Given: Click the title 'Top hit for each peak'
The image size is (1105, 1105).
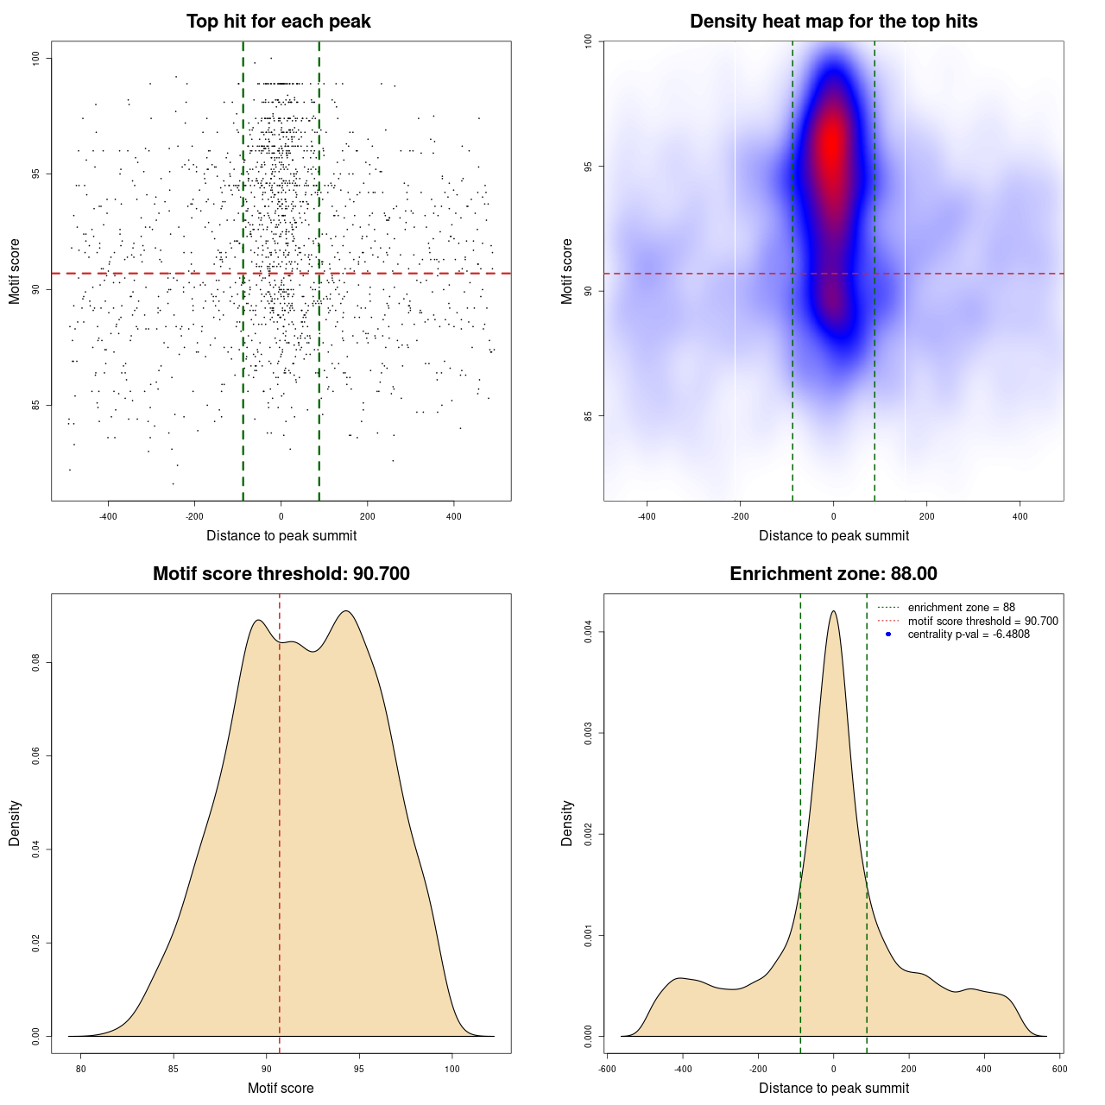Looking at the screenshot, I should coord(278,22).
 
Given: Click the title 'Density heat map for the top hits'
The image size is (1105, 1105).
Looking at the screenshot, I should coord(833,22).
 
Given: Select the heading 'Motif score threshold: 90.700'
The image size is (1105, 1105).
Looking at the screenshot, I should coord(281,574).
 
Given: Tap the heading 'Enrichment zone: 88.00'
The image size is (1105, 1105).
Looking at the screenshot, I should coord(833,574).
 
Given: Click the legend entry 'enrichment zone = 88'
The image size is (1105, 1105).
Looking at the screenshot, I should coord(961,608).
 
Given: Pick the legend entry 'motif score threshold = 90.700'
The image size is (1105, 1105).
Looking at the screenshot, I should coord(982,621).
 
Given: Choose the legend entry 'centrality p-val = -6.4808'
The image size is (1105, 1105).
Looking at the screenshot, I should coord(969,635).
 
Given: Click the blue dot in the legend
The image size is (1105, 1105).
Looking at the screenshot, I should coord(888,635).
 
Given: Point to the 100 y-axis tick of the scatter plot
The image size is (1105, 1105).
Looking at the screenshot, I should coord(36,58).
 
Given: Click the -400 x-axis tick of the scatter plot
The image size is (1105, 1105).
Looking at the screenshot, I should coord(108,516).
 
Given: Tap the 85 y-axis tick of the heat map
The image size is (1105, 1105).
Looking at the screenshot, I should coord(588,416).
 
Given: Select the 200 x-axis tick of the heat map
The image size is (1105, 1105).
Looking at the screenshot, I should coord(926,516).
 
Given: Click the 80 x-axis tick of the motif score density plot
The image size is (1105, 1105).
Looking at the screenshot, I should coord(81,1069).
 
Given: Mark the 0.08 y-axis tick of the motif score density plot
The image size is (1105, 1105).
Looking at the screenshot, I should coord(36,662).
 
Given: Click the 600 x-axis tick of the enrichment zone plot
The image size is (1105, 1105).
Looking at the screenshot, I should coord(1059,1069).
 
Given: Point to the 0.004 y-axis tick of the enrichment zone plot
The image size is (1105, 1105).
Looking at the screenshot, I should coord(588,632).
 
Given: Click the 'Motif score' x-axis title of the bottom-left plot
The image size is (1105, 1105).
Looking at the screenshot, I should coord(281,1088).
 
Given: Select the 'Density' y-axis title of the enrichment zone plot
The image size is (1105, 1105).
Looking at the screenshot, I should coord(567,823).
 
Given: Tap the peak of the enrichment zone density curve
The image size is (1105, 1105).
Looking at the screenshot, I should coord(833,611).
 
